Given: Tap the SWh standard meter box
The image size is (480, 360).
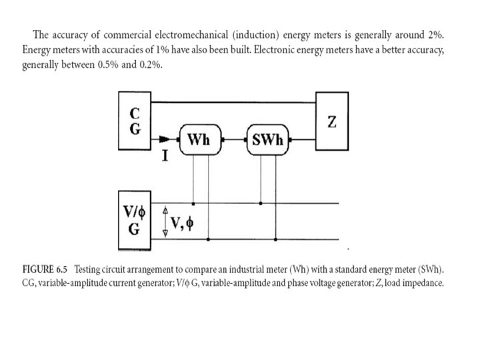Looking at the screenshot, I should tap(270, 141).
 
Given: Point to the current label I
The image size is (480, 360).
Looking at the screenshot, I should tap(164, 157).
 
